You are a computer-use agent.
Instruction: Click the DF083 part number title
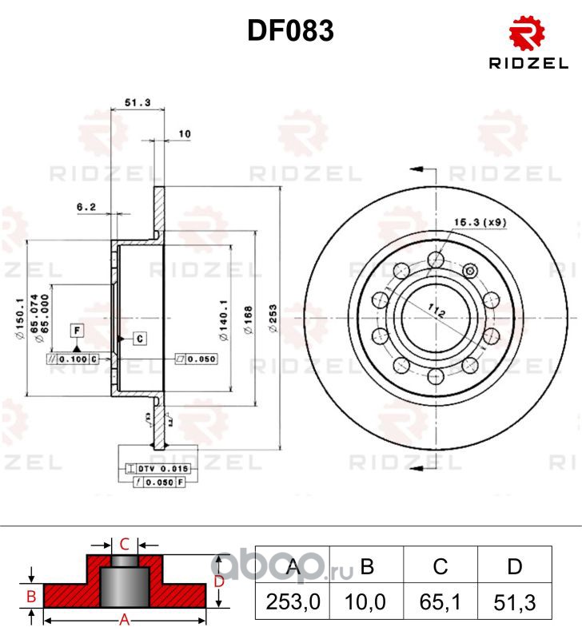coord(290,31)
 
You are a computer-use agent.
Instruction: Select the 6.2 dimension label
coord(86,207)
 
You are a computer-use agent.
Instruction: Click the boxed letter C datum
coord(139,338)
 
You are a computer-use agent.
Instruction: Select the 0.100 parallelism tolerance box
coord(74,359)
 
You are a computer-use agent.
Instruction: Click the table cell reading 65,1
coord(440,601)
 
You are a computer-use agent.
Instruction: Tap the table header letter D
coord(515,566)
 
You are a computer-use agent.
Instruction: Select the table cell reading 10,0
coord(366,601)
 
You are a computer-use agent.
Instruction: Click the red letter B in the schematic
coord(30,596)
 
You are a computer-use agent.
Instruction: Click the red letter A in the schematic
coord(125,620)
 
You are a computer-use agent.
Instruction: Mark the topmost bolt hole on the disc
coord(436,258)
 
